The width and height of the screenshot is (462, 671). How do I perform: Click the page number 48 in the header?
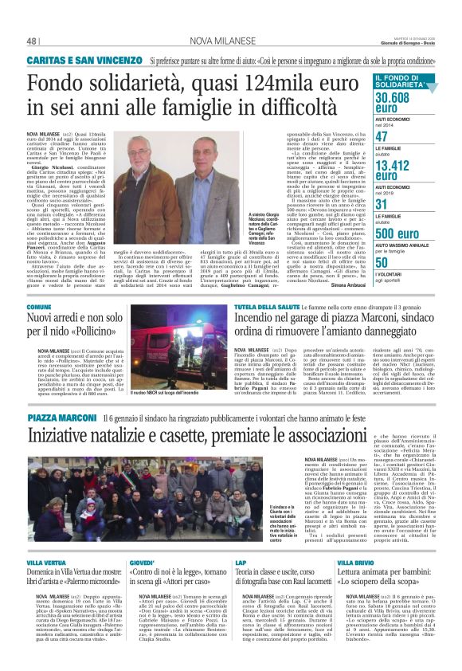coord(33,41)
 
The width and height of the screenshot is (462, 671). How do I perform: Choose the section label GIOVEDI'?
coord(142,563)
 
